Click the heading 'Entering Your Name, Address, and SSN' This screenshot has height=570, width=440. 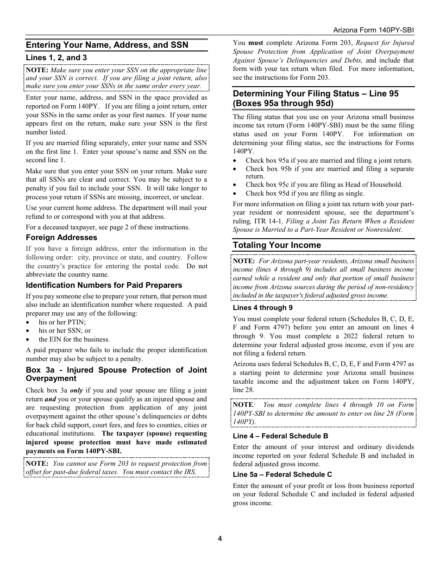click(x=107, y=45)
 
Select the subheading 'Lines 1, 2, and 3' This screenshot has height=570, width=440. click(x=56, y=58)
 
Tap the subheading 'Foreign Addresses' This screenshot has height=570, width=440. click(x=61, y=238)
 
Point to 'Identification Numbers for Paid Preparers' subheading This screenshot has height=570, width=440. click(x=104, y=285)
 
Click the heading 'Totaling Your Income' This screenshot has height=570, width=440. click(x=277, y=245)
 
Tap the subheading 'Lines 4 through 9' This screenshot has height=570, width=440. click(x=263, y=308)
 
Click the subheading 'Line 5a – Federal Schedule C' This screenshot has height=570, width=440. click(x=282, y=475)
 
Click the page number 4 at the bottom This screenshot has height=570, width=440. click(x=220, y=538)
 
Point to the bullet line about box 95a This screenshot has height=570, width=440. click(x=329, y=161)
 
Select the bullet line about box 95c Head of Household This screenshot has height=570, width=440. click(x=324, y=184)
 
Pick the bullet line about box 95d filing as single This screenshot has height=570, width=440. click(x=305, y=193)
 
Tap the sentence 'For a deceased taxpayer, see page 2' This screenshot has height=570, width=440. click(x=107, y=227)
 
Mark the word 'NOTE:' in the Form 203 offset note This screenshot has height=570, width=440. click(x=37, y=463)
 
